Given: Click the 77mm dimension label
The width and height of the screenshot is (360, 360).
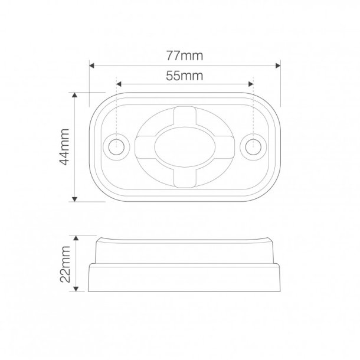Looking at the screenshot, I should [185, 57].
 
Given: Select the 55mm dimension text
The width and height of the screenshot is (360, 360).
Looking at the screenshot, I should [185, 75].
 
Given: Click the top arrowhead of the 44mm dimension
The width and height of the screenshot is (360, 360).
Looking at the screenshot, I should [75, 95].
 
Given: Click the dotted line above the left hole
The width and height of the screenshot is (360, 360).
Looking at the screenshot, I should [117, 112].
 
